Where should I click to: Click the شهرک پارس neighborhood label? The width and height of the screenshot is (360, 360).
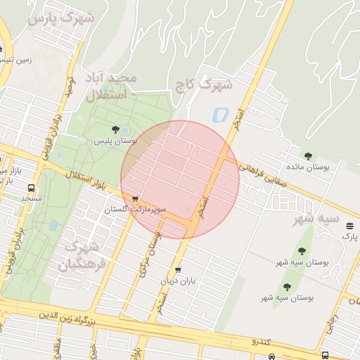(60, 18)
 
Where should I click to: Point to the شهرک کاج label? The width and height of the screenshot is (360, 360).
(204, 86)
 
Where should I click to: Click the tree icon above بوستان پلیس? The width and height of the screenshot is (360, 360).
(115, 128)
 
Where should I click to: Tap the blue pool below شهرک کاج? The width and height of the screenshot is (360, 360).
(219, 112)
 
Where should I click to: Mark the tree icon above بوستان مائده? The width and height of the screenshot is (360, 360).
(308, 155)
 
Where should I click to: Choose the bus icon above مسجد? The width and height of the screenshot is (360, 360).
(31, 188)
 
